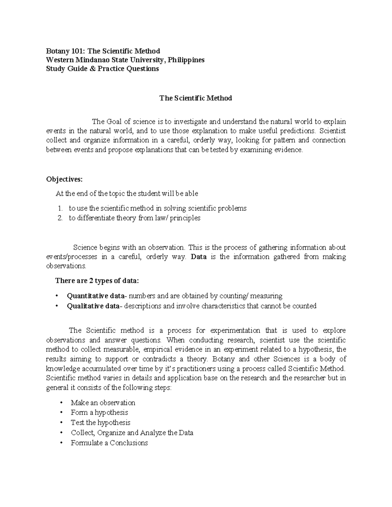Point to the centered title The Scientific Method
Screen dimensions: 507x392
point(196,98)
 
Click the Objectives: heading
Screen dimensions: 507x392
point(65,179)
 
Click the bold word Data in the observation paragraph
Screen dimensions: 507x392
point(199,257)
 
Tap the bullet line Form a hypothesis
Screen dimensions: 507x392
point(99,412)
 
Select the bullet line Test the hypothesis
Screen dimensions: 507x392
point(100,422)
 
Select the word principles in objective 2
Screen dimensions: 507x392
point(185,218)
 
